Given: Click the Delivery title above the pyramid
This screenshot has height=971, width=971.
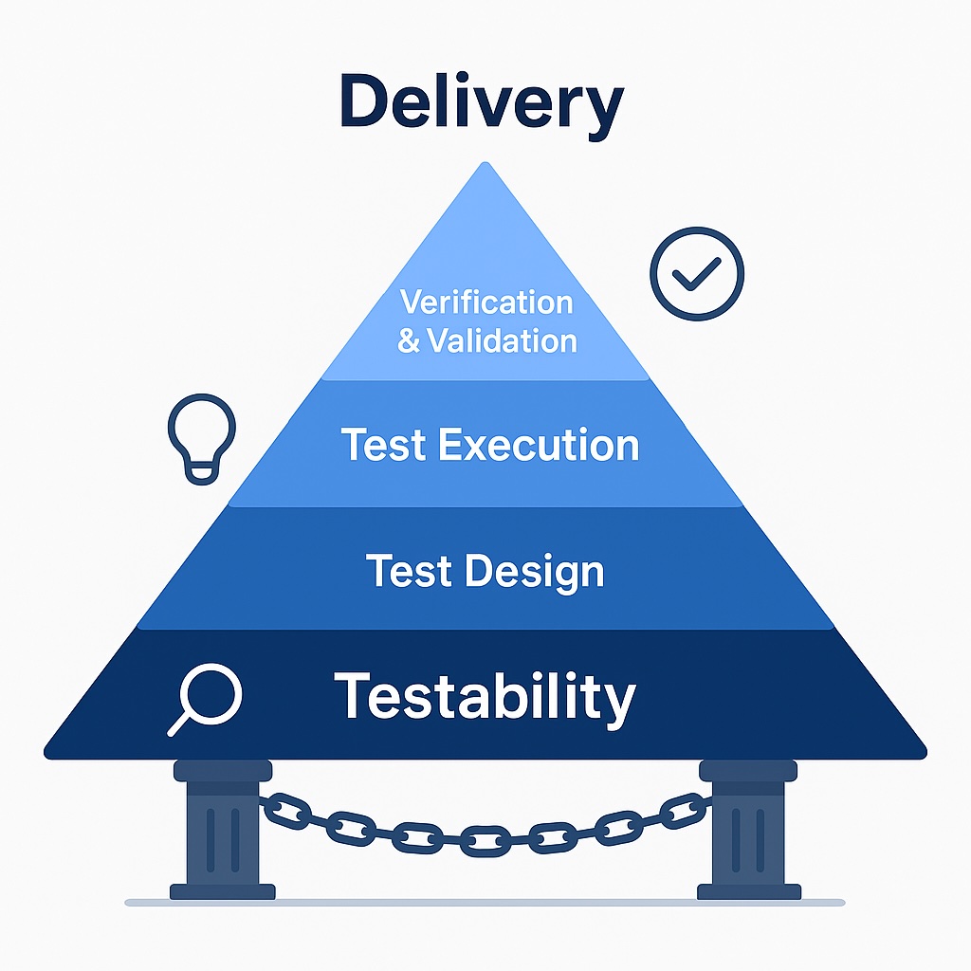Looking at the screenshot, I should click(482, 104).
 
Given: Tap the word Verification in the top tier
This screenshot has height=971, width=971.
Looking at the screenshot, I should click(486, 302).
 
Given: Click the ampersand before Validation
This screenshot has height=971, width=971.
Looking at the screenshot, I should click(409, 340).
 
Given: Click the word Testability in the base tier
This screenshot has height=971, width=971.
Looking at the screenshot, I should click(485, 697).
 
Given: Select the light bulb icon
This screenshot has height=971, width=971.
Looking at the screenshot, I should click(201, 439).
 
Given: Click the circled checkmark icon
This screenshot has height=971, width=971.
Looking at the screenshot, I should click(697, 273).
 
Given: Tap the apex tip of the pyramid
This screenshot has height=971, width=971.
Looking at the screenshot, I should click(485, 165).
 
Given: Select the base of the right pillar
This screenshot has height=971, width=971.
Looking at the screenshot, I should click(749, 890).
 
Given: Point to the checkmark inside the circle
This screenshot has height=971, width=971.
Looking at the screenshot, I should click(697, 275).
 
